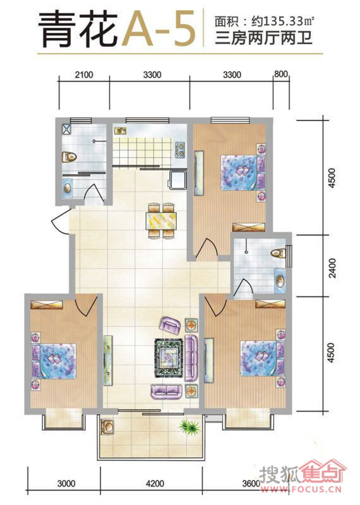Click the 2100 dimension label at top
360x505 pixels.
coord(84,75)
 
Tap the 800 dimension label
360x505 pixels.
coord(281,74)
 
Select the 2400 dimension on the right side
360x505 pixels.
coord(332,268)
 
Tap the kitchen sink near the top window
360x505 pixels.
coord(120,131)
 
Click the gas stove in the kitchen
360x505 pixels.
coord(181,149)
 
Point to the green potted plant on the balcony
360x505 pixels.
coord(189,426)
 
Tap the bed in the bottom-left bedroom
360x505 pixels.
coord(54,361)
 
